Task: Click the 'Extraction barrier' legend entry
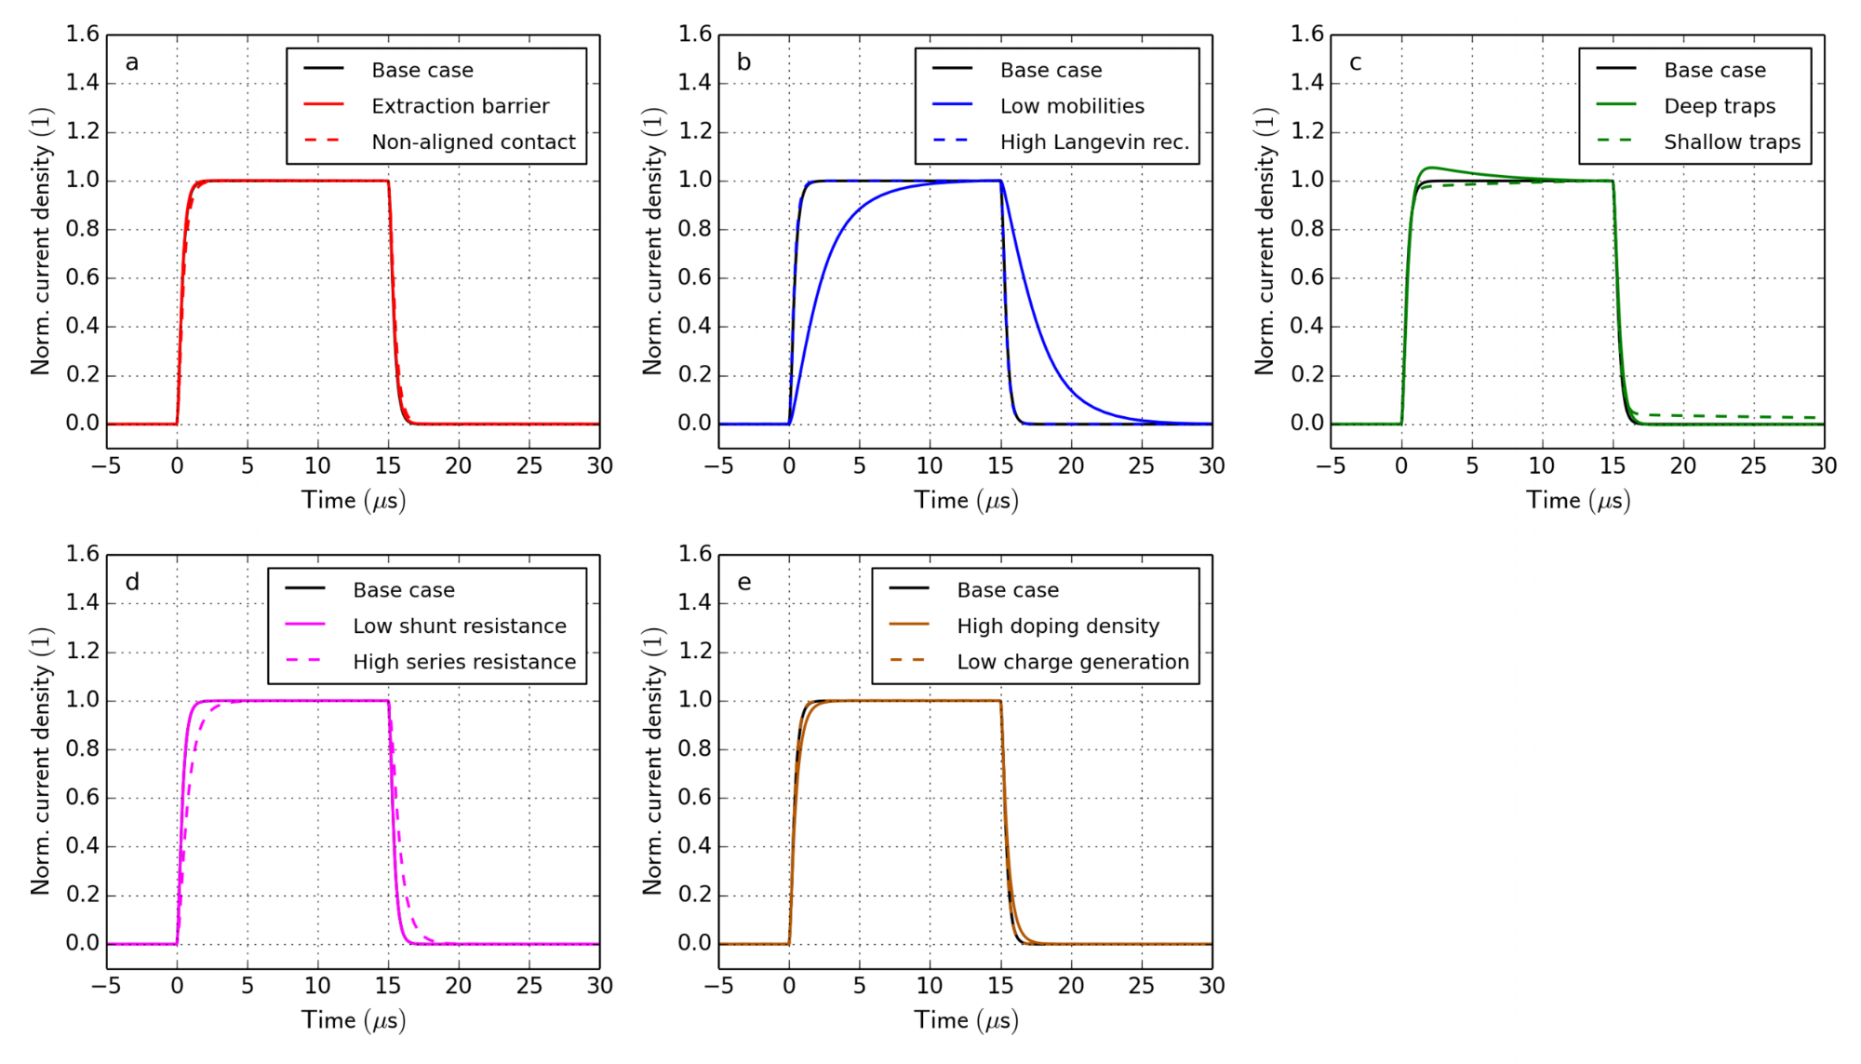pyautogui.click(x=460, y=106)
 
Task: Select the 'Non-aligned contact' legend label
pyautogui.click(x=473, y=141)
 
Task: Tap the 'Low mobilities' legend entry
pyautogui.click(x=1072, y=106)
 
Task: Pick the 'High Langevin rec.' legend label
pyautogui.click(x=1094, y=141)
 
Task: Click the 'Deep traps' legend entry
pyautogui.click(x=1720, y=106)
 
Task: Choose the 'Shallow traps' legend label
pyautogui.click(x=1732, y=141)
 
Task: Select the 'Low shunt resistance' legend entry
pyautogui.click(x=460, y=626)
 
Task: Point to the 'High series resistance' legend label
pyautogui.click(x=464, y=662)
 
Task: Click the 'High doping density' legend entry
pyautogui.click(x=1058, y=626)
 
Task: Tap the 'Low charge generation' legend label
pyautogui.click(x=1073, y=662)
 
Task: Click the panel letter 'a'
pyautogui.click(x=132, y=62)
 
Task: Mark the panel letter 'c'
pyautogui.click(x=1356, y=62)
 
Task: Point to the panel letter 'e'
pyautogui.click(x=743, y=583)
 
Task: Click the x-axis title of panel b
pyautogui.click(x=966, y=501)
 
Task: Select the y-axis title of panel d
pyautogui.click(x=40, y=761)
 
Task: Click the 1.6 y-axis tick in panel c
pyautogui.click(x=1306, y=34)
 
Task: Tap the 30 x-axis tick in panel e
pyautogui.click(x=1212, y=986)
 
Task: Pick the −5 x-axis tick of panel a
pyautogui.click(x=106, y=466)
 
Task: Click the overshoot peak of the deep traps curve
pyautogui.click(x=1430, y=168)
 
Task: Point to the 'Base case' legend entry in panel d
pyautogui.click(x=404, y=590)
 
